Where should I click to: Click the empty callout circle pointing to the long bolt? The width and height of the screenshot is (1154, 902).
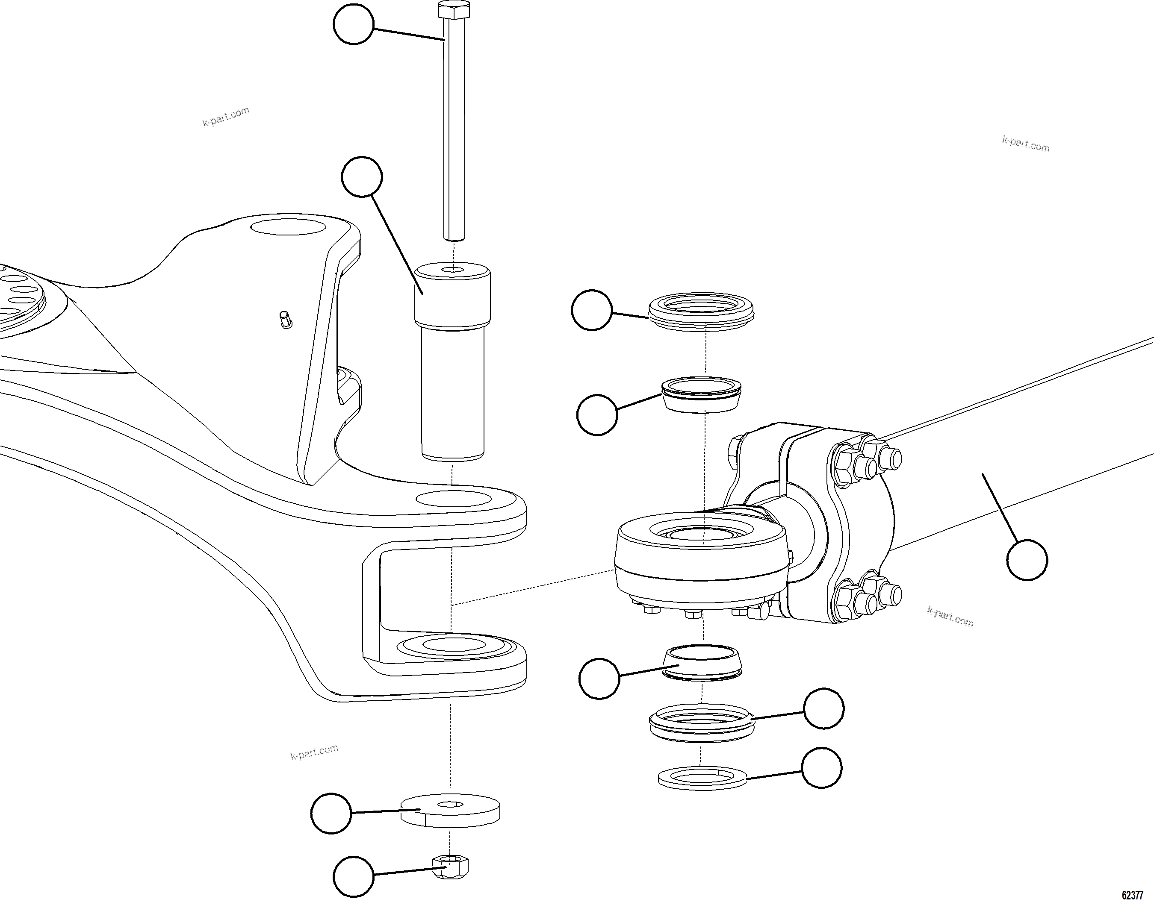tap(354, 24)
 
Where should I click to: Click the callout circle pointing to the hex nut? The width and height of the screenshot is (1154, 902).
tap(354, 877)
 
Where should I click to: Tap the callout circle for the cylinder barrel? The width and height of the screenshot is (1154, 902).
tap(1027, 560)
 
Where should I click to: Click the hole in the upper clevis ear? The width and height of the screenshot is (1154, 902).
tap(452, 498)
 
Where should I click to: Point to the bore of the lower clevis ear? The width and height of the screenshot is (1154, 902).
tap(450, 645)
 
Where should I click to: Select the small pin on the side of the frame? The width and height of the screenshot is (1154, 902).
tap(284, 320)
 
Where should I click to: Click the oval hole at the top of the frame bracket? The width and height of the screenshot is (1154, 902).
tap(288, 228)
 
